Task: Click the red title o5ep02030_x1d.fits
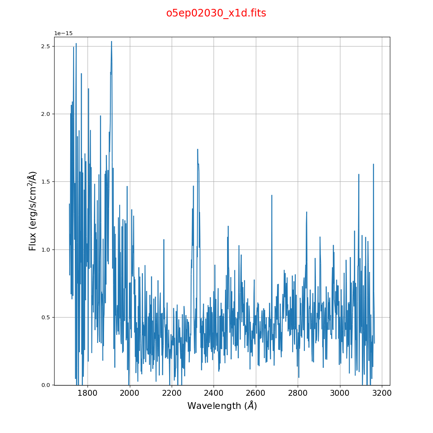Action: tap(216, 13)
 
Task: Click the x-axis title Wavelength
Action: tap(222, 406)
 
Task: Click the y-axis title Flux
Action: tap(33, 211)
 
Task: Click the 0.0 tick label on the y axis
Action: tap(45, 385)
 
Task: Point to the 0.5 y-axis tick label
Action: tap(45, 318)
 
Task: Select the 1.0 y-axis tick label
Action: tap(45, 249)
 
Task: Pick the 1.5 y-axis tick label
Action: tap(45, 182)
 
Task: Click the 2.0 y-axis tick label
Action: tap(45, 114)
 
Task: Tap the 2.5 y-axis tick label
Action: tap(45, 46)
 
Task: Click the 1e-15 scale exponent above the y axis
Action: tap(63, 33)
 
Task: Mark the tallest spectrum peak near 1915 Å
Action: tap(112, 41)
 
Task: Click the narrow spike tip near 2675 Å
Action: tap(271, 195)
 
